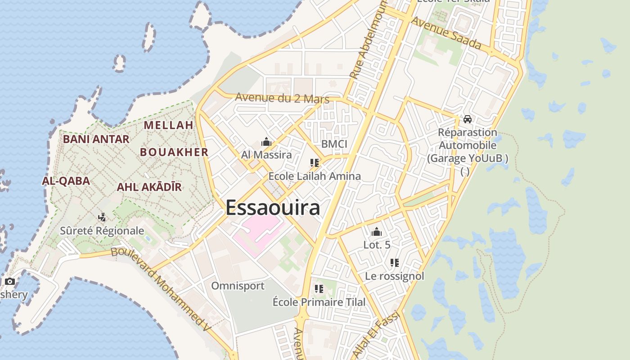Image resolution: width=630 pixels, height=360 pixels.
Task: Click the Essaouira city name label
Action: coord(273,208)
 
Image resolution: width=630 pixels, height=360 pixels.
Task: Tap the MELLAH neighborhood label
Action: coord(168,125)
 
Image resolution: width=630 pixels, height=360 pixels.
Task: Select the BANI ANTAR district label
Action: coord(96,139)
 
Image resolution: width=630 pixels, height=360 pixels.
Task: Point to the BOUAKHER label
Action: coord(174,152)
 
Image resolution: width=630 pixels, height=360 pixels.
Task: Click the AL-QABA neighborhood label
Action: coord(66,181)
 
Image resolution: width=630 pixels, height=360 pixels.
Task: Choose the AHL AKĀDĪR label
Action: coord(149,187)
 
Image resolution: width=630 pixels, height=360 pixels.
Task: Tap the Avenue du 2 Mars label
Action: coord(282,98)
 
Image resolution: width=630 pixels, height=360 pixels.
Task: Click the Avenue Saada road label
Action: coord(446,34)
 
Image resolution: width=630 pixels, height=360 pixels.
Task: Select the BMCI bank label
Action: coord(334,144)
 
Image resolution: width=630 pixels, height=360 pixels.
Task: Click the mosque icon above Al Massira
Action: coord(266,143)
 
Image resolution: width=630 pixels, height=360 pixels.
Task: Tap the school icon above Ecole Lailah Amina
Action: coord(314,163)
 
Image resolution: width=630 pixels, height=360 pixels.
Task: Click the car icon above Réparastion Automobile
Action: coord(468,119)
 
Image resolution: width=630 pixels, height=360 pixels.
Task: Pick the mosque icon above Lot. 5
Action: coord(377,232)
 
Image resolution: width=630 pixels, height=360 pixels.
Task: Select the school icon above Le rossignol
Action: coord(395,263)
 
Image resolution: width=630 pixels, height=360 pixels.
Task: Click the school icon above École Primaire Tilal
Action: coord(319,289)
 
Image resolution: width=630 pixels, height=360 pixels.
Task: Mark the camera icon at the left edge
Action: coord(10,282)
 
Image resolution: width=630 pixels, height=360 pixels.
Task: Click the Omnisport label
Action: coord(238,286)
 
